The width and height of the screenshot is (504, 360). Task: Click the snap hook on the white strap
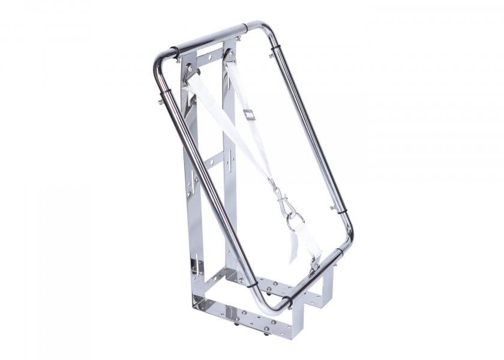tap(280, 197)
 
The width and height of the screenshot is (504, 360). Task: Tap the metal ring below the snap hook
tap(293, 223)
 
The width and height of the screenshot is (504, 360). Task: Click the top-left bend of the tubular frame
tap(162, 59)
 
